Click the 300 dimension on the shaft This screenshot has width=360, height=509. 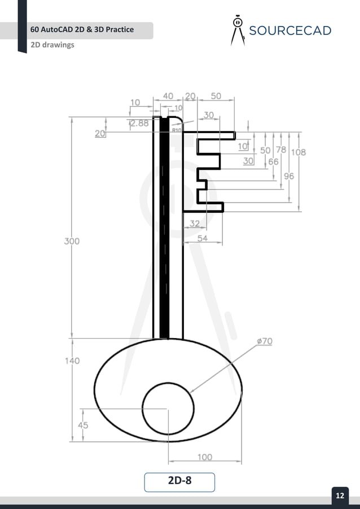(72, 241)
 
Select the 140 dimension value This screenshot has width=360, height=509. (72, 361)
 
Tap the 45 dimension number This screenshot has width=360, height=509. (82, 425)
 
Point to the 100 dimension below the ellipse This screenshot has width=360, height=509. (205, 457)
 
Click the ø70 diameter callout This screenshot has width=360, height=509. (264, 341)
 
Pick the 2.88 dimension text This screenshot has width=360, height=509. (139, 124)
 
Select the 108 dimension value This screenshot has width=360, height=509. (298, 152)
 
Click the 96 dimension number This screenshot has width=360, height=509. (288, 176)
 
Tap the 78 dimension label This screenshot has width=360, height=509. (280, 150)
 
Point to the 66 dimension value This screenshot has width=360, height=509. (273, 162)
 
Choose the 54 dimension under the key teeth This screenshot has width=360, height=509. (202, 239)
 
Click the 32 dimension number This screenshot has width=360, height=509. (194, 223)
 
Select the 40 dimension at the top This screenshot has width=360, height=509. (168, 96)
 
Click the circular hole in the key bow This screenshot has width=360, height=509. (168, 408)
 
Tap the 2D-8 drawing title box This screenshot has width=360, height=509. (179, 481)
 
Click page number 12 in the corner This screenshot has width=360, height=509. (340, 495)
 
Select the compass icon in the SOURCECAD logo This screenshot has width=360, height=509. (238, 30)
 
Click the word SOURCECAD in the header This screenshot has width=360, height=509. (289, 30)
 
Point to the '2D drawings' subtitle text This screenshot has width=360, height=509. (52, 45)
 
